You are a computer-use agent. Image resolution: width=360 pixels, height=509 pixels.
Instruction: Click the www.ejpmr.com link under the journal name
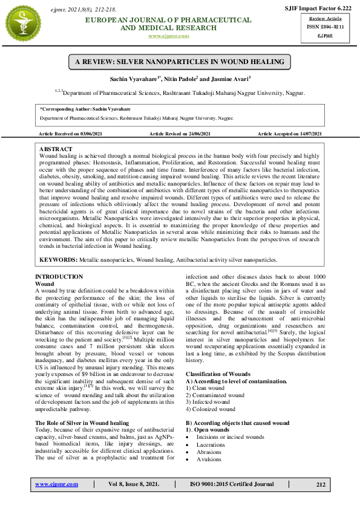point(168,36)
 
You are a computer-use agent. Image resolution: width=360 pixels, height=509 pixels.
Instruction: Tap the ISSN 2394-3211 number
point(321,27)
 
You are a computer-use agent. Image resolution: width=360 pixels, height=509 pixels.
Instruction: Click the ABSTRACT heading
point(56,149)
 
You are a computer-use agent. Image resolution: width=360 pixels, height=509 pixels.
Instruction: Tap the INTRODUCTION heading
point(59,277)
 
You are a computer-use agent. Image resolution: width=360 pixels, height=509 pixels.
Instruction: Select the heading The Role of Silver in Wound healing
point(82,423)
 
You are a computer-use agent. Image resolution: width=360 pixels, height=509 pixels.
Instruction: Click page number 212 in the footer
point(320,484)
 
